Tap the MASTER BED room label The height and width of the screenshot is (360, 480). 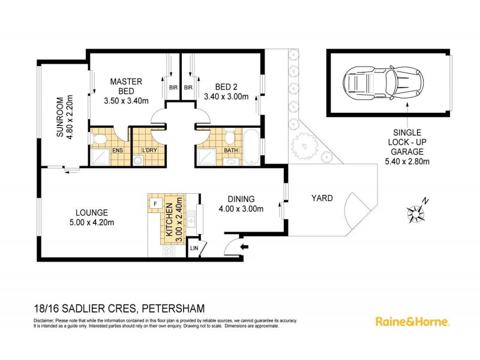click(x=125, y=86)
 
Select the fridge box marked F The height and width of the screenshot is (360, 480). click(x=155, y=202)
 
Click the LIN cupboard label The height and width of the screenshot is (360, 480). click(x=193, y=247)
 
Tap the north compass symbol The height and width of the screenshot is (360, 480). click(x=415, y=211)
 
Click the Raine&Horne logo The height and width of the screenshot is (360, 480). click(x=412, y=322)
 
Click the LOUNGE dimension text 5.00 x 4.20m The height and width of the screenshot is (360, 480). click(x=92, y=223)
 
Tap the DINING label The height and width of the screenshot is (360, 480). click(x=241, y=199)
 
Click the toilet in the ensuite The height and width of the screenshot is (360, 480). click(x=99, y=141)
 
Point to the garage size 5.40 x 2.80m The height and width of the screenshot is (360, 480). click(x=406, y=161)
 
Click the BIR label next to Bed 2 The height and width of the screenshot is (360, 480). click(x=188, y=88)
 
